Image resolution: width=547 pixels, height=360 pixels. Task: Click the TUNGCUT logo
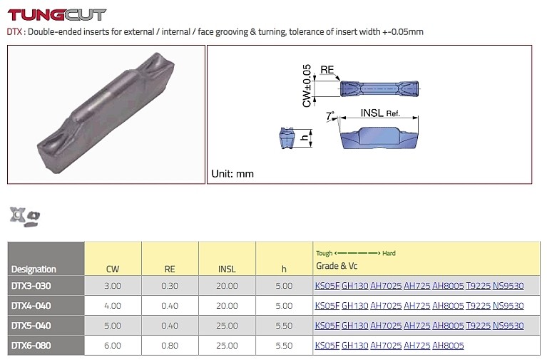click(x=56, y=15)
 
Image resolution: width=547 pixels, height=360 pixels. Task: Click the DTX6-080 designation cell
click(x=31, y=345)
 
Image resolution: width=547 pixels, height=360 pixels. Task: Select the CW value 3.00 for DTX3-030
click(x=113, y=286)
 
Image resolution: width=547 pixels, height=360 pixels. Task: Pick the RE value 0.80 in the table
click(x=170, y=345)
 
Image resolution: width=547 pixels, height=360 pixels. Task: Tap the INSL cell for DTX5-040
click(x=227, y=326)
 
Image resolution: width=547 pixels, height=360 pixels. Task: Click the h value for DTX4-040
click(x=284, y=306)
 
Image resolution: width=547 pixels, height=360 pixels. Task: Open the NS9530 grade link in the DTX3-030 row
click(x=508, y=286)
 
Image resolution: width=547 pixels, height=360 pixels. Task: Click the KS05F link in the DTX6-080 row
click(x=327, y=345)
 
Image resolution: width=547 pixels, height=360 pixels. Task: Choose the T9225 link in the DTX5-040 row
click(x=478, y=326)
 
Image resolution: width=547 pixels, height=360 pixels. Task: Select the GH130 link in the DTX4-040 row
click(x=354, y=306)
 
